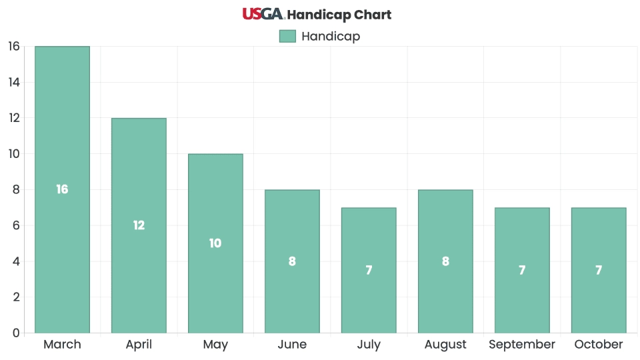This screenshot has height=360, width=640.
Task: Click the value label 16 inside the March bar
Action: point(62,189)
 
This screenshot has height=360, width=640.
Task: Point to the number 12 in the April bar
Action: point(139,225)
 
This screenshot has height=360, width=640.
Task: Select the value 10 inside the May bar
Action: point(215,243)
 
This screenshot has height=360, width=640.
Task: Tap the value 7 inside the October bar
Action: point(599,270)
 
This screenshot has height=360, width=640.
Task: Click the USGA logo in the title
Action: point(263,14)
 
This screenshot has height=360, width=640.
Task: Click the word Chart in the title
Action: point(373,15)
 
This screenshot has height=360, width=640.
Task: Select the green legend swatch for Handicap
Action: point(287,36)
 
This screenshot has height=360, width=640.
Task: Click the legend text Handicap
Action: point(331,36)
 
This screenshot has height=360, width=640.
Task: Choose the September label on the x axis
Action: point(522,345)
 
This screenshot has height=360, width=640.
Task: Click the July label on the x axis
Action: point(369,345)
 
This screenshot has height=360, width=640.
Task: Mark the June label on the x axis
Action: point(292,345)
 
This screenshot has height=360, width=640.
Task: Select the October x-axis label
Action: point(599,345)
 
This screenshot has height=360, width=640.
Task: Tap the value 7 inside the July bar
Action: point(369,270)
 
